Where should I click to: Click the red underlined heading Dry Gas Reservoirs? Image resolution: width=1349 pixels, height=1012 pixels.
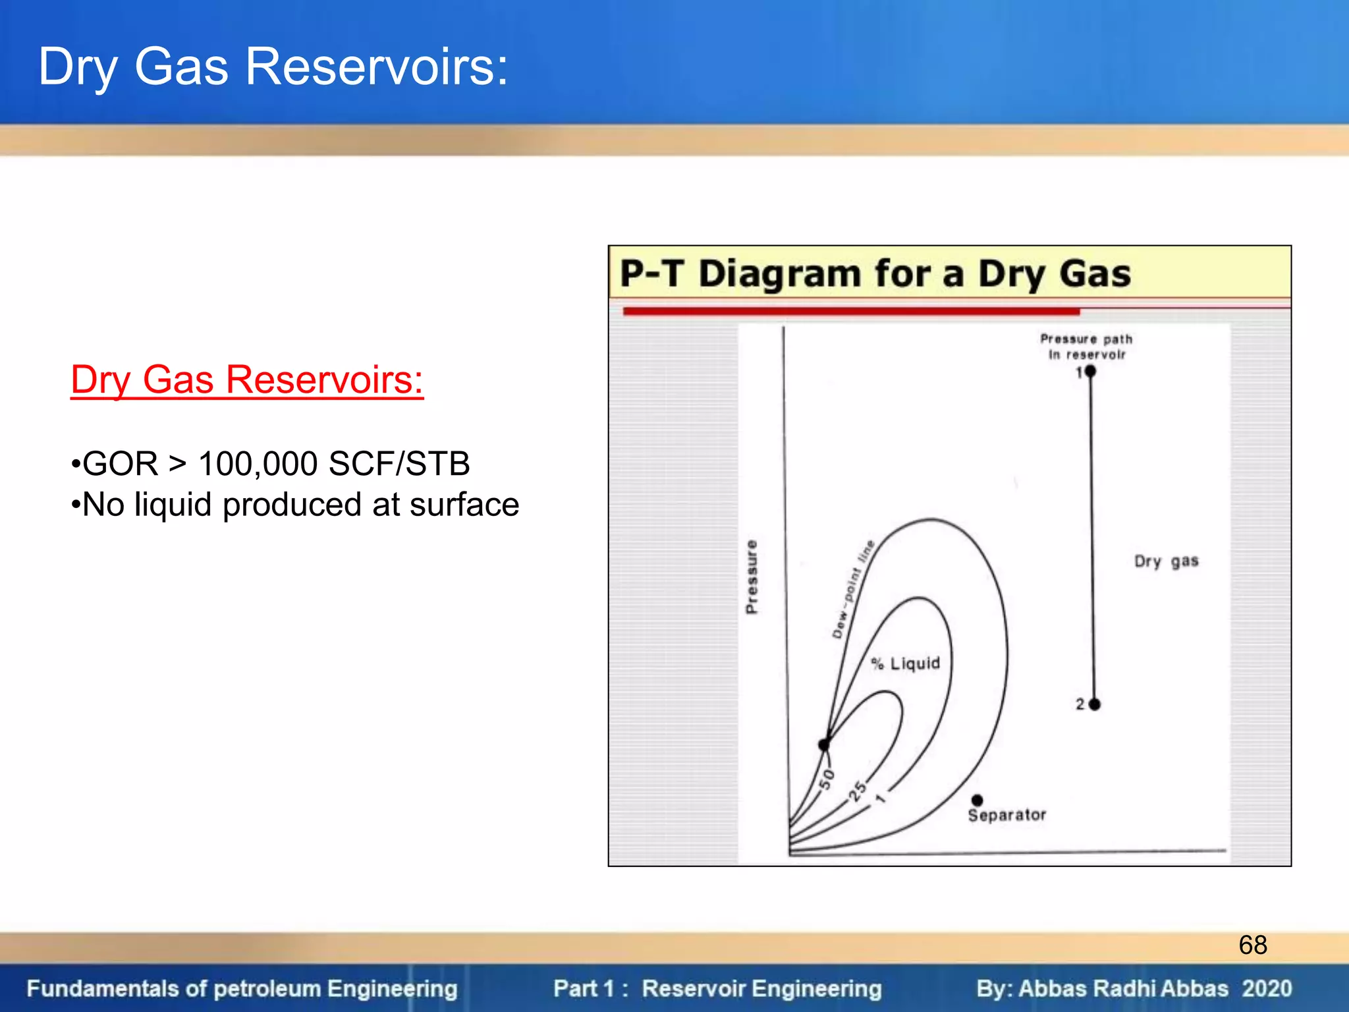point(247,380)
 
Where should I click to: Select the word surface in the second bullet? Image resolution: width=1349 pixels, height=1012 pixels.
point(464,505)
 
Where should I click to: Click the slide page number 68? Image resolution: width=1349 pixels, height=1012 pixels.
point(1252,945)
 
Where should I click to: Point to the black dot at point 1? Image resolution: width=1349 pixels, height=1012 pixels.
point(1090,372)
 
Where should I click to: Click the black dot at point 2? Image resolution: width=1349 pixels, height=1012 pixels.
point(1095,704)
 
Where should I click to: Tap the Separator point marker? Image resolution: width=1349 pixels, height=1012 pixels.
point(977,800)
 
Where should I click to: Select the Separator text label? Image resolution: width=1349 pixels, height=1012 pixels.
point(1006,816)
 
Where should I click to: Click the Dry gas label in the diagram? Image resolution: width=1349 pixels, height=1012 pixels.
point(1166,561)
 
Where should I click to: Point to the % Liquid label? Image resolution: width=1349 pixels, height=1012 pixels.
point(906,663)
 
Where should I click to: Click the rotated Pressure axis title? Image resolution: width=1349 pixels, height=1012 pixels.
point(752,577)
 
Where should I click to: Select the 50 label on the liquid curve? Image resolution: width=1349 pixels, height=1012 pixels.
point(827,779)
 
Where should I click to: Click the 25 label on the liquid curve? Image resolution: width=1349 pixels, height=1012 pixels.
point(857,790)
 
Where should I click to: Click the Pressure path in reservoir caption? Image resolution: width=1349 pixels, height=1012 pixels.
point(1086,347)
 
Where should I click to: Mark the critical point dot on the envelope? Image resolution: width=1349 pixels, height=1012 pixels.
point(824,745)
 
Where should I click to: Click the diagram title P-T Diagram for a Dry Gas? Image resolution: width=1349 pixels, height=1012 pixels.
point(875,274)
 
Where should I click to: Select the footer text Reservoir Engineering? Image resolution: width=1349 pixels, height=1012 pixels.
point(761,988)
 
